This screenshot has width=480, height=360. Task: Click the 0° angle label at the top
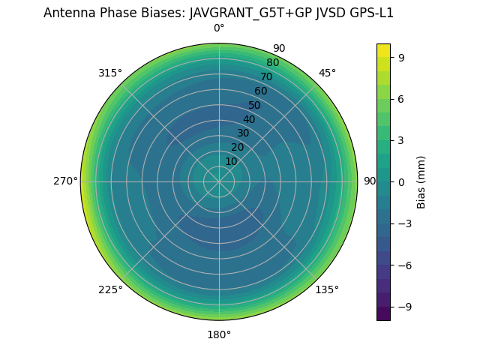point(219,28)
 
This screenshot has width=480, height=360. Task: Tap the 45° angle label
point(327,73)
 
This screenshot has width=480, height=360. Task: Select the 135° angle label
point(327,289)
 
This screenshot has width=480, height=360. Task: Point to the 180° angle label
point(219,334)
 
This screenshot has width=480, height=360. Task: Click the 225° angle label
point(110,289)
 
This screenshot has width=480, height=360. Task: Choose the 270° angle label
point(65,181)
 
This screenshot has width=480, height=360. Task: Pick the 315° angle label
point(110,73)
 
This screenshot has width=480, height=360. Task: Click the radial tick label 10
point(231,161)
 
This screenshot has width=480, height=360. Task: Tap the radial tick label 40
point(249,119)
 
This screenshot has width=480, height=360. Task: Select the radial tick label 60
point(260,91)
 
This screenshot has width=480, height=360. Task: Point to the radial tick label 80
point(272,63)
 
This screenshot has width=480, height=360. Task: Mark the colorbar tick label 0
point(402,181)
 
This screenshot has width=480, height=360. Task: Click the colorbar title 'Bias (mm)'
point(421,181)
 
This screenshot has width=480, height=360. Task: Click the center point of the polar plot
point(219,181)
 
